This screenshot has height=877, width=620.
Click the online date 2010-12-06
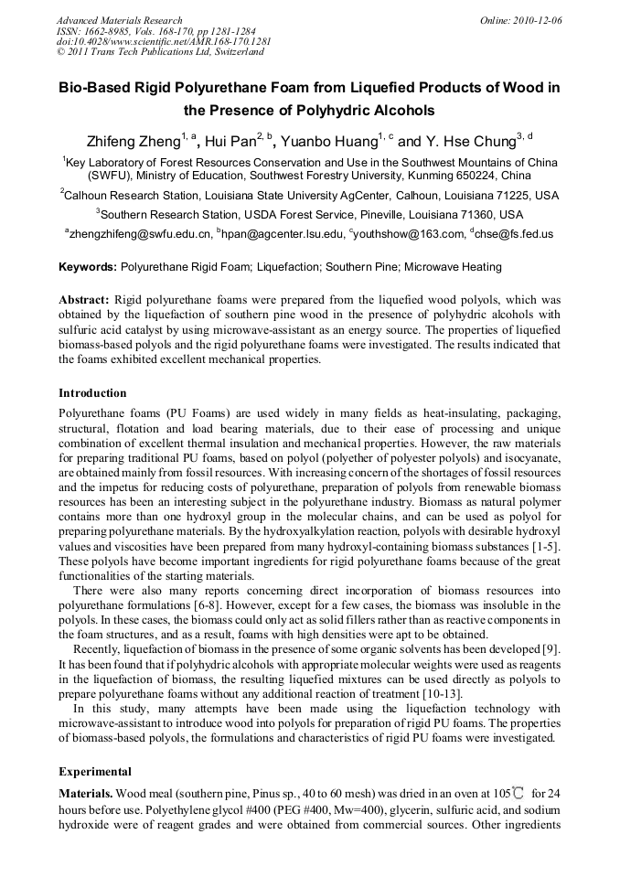(537, 20)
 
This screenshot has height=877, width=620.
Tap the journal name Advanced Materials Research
(119, 20)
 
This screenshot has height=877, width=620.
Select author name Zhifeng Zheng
(132, 142)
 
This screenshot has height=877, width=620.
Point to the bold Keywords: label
(88, 267)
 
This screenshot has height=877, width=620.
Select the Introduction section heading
(92, 392)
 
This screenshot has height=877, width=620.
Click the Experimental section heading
(95, 771)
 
